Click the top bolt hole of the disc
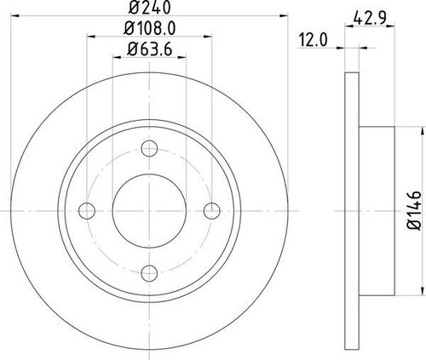point(150,150)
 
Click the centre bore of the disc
point(150,210)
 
